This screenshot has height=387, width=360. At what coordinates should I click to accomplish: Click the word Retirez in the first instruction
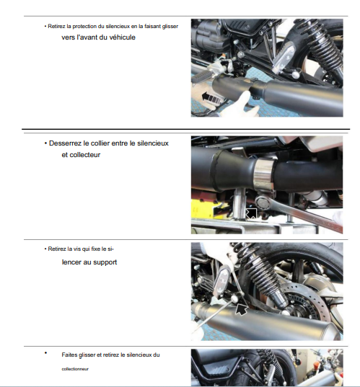click(x=54, y=26)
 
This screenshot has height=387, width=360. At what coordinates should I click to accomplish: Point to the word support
click(x=105, y=262)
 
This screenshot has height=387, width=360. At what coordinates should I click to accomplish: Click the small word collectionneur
click(x=75, y=369)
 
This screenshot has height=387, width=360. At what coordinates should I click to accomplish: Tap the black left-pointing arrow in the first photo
click(x=211, y=98)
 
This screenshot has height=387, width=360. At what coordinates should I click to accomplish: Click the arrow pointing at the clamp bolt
click(x=251, y=213)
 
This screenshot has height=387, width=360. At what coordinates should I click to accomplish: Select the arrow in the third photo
click(x=242, y=308)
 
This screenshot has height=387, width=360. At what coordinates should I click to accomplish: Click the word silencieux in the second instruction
click(x=153, y=143)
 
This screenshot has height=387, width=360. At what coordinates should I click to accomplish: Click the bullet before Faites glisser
click(x=45, y=353)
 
